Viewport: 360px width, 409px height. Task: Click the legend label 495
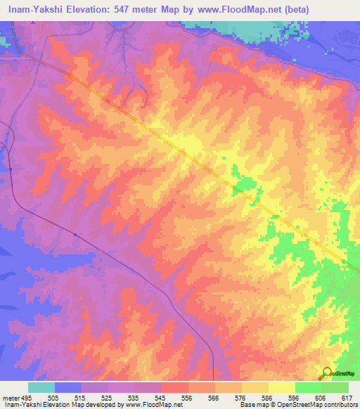[x=26, y=397]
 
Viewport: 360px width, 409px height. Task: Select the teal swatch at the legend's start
[x=41, y=387]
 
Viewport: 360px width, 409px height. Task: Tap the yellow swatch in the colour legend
[x=281, y=387]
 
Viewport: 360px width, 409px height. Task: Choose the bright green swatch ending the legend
[x=335, y=387]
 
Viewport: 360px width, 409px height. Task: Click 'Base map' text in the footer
[x=252, y=405]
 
